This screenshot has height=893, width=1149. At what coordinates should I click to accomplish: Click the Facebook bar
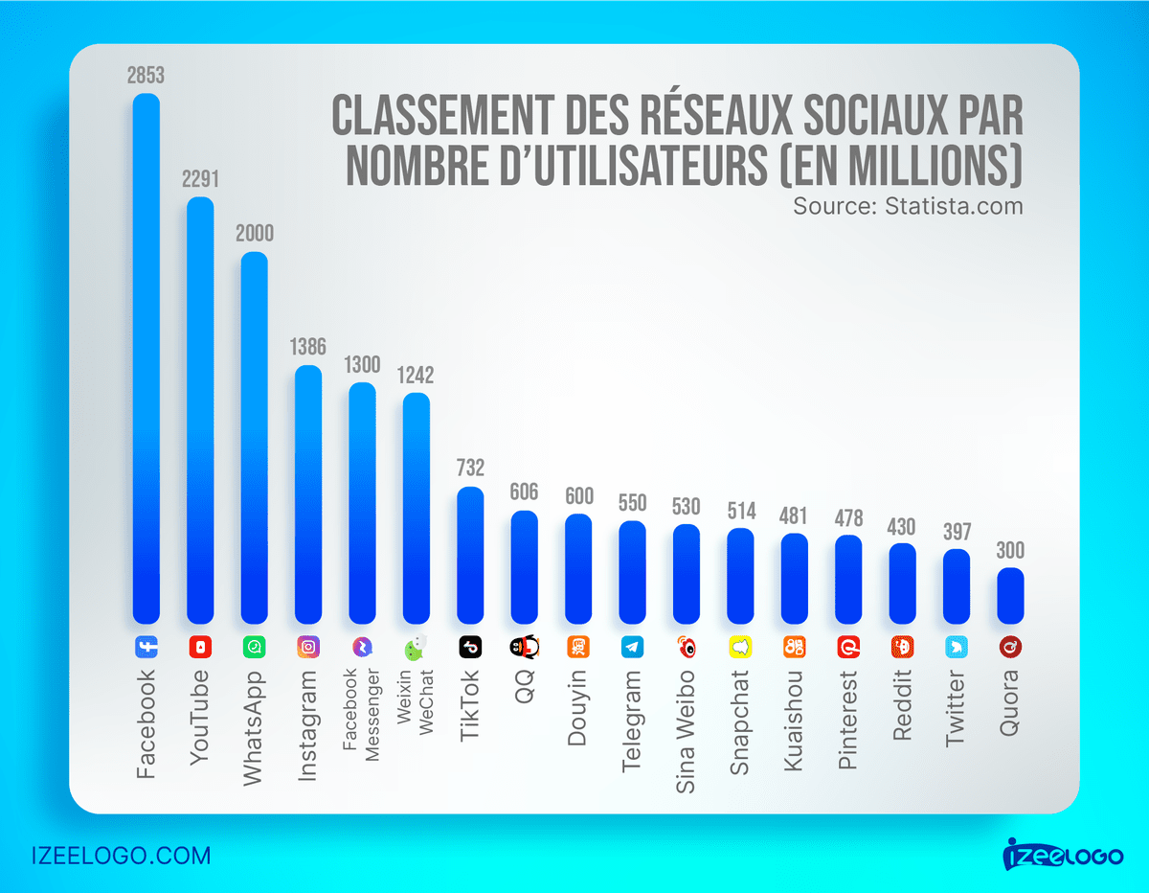[x=146, y=359]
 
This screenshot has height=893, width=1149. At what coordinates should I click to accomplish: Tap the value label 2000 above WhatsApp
[x=254, y=234]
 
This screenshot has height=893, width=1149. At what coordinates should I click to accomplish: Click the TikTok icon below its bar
[x=470, y=647]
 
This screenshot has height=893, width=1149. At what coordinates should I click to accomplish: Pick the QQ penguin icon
[x=524, y=647]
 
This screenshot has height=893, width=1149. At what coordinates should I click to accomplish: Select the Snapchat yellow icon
[x=740, y=647]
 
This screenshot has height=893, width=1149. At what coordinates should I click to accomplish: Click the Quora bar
[x=1010, y=596]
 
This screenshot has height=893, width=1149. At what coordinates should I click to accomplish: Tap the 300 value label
[x=1010, y=551]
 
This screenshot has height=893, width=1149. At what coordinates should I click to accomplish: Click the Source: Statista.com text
[x=908, y=206]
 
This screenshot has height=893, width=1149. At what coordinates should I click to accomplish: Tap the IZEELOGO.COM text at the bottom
[x=121, y=855]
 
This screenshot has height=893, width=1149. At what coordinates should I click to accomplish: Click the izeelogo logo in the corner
[x=1063, y=852]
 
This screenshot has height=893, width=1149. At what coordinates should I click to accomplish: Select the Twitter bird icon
[x=956, y=647]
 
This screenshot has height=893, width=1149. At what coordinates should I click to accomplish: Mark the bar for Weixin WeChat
[x=416, y=508]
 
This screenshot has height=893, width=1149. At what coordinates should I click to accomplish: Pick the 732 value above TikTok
[x=470, y=469]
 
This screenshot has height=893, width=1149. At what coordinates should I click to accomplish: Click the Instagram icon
[x=307, y=647]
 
